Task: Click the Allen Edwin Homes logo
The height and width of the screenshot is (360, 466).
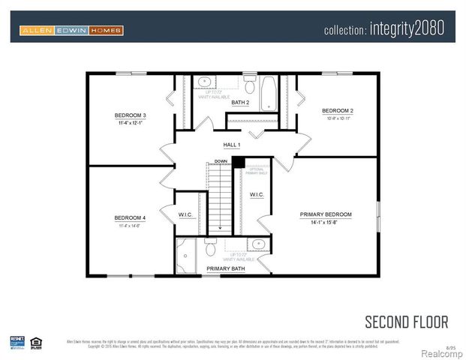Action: click(x=71, y=30)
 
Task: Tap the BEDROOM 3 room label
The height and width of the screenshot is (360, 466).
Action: click(x=130, y=115)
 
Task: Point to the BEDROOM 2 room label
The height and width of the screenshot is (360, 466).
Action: click(x=337, y=111)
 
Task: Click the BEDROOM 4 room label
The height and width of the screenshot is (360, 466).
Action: click(x=130, y=218)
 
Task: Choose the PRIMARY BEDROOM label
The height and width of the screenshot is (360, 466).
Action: click(x=325, y=214)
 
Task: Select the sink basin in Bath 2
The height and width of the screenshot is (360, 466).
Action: click(x=204, y=82)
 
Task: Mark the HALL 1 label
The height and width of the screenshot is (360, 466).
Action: click(x=232, y=145)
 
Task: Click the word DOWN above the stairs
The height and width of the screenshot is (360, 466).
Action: click(x=220, y=161)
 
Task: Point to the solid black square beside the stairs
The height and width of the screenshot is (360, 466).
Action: click(x=238, y=162)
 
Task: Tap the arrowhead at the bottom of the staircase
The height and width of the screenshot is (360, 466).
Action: click(x=220, y=226)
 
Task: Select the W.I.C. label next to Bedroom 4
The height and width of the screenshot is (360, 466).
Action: click(x=186, y=214)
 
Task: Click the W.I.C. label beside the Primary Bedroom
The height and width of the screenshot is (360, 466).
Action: click(x=257, y=194)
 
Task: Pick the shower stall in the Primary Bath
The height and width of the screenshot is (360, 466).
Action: click(x=185, y=256)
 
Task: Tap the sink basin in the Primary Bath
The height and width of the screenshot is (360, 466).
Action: click(x=257, y=244)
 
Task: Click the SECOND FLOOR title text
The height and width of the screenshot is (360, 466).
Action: click(x=406, y=322)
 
